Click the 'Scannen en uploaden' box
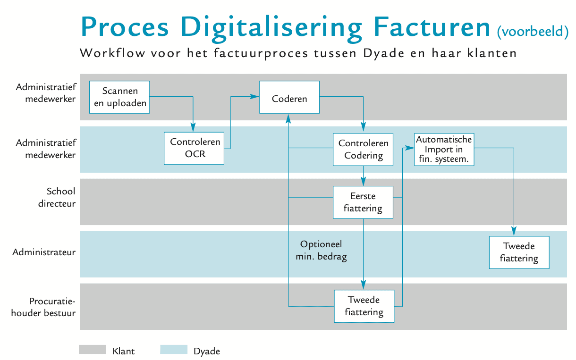pyautogui.click(x=119, y=97)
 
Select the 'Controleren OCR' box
pyautogui.click(x=194, y=148)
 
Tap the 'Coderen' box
pyautogui.click(x=289, y=97)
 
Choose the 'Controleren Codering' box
pyautogui.click(x=363, y=149)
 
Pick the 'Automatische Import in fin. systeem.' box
pyautogui.click(x=444, y=149)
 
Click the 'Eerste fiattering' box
pyautogui.click(x=363, y=202)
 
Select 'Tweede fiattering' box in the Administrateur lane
pyautogui.click(x=519, y=252)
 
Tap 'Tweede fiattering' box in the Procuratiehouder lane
pyautogui.click(x=364, y=306)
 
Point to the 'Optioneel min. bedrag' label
pyautogui.click(x=321, y=250)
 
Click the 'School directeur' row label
pyautogui.click(x=57, y=197)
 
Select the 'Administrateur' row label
pyautogui.click(x=44, y=252)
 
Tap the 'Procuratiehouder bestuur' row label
pyautogui.click(x=43, y=307)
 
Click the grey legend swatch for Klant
pyautogui.click(x=93, y=350)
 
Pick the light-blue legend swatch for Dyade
pyautogui.click(x=174, y=350)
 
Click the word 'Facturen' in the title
pyautogui.click(x=432, y=27)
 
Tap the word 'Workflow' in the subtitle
pyautogui.click(x=112, y=53)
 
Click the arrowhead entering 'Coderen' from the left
pyautogui.click(x=254, y=96)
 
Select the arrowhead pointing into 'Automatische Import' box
pyautogui.click(x=410, y=148)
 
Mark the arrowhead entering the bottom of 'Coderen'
pyautogui.click(x=288, y=118)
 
